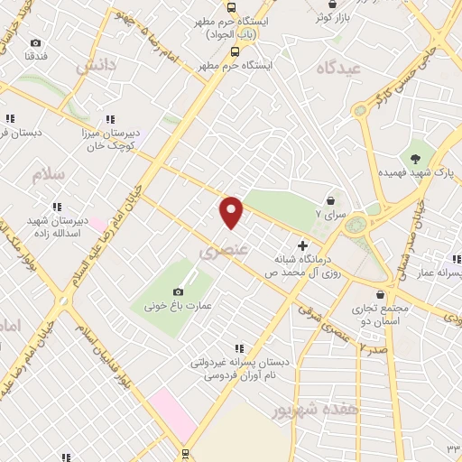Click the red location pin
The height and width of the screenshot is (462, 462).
point(233,212)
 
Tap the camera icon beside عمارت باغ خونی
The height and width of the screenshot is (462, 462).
point(178,291)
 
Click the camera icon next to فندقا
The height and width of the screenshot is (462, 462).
point(36,43)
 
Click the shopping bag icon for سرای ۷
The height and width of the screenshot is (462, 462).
point(331,200)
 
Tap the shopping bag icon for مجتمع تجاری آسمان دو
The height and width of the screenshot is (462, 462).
point(383,295)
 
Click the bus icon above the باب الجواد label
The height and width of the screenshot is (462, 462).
point(236,4)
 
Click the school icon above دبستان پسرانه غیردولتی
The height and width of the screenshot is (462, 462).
point(239,347)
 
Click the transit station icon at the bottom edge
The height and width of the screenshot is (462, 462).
point(185,454)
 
